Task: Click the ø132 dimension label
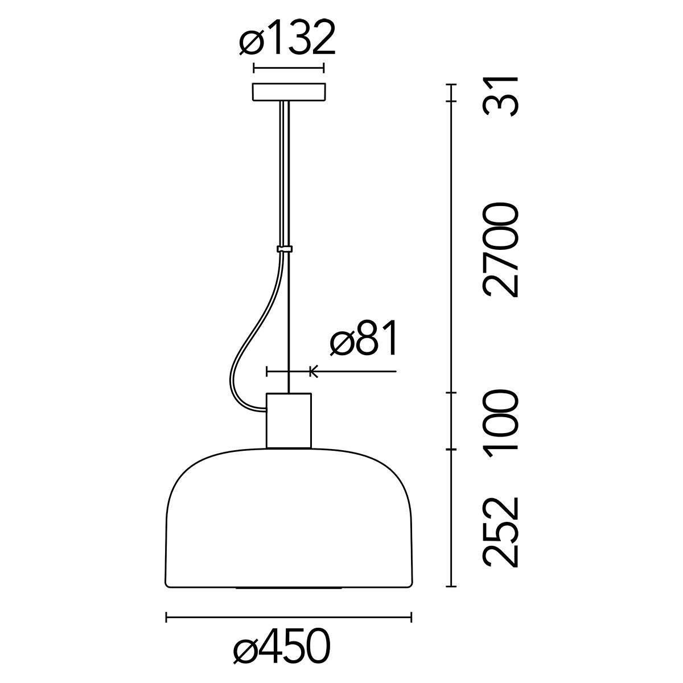point(287,38)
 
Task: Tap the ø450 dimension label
point(282,647)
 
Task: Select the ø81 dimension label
point(363,338)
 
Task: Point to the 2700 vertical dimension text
point(500,249)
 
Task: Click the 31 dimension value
point(500,97)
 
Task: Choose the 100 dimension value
point(500,423)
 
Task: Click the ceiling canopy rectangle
point(289,93)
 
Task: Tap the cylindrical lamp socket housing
point(289,421)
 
